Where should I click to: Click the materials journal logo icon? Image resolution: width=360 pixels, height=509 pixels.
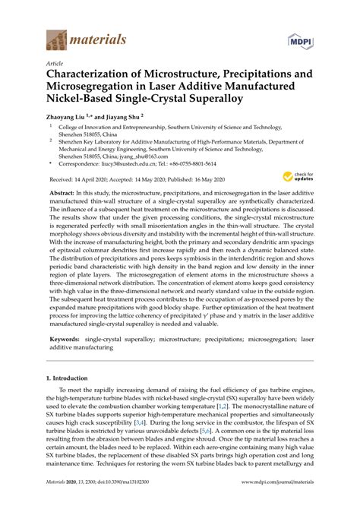pos(55,36)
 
